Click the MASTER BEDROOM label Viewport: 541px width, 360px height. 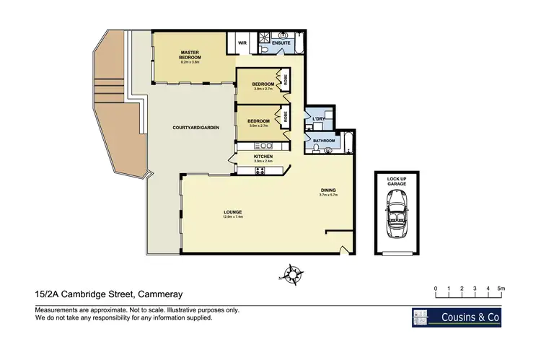[x=191, y=55]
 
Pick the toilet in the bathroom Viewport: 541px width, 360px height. [x=328, y=149]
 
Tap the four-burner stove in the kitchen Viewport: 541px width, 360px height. [x=259, y=170]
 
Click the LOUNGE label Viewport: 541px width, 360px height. [x=232, y=211]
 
